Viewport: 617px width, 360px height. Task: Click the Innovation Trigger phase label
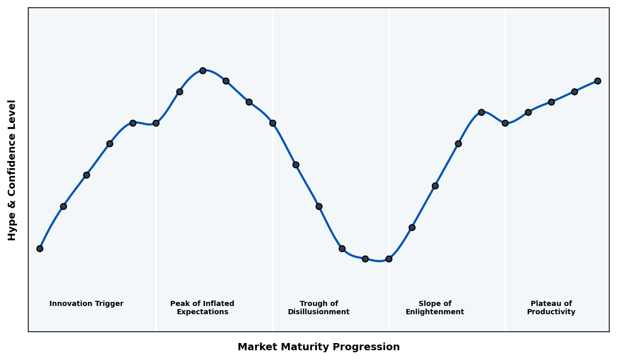[x=86, y=304]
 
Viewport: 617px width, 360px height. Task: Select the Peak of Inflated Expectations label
[x=202, y=308]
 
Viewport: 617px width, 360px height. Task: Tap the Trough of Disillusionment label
[x=318, y=308]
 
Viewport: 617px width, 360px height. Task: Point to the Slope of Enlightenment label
[x=434, y=308]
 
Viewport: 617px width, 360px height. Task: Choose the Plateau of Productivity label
[x=551, y=308]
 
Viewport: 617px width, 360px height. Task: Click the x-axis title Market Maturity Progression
[x=318, y=347]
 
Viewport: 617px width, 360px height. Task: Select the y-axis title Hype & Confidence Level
[x=12, y=170]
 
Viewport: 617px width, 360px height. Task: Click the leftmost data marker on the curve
[x=40, y=248]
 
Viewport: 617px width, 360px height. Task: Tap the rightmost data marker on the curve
[x=597, y=81]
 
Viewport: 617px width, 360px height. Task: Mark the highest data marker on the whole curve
[x=203, y=70]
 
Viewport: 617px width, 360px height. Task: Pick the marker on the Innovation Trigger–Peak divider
[x=156, y=123]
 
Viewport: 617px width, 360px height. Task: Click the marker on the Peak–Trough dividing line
[x=273, y=123]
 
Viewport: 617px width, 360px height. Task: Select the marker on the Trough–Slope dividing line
[x=389, y=259]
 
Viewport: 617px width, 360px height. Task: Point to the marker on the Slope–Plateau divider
[x=505, y=123]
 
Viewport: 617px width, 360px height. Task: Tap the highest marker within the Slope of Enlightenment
[x=481, y=112]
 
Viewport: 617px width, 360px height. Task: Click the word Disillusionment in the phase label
[x=318, y=312]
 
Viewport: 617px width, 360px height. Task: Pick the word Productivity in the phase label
[x=551, y=312]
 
